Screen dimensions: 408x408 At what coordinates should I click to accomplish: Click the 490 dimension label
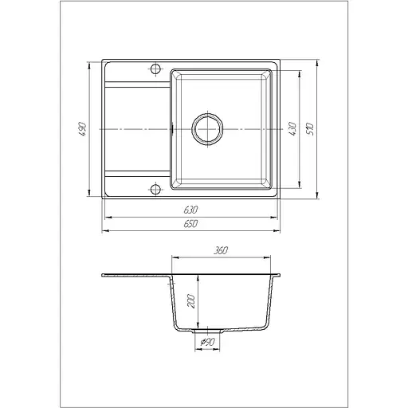[83, 129]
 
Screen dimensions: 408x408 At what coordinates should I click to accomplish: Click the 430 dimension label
[292, 129]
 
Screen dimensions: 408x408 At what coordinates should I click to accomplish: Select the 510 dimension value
[310, 129]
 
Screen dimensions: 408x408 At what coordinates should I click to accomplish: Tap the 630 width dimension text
[190, 210]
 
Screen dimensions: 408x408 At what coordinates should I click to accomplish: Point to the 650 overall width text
[190, 224]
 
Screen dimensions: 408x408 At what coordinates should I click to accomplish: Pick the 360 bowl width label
[221, 250]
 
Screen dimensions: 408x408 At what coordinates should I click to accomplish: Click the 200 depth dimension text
[191, 301]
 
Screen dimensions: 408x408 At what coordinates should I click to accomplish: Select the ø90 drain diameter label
[207, 342]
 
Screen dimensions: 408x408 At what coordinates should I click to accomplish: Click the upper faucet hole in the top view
[155, 69]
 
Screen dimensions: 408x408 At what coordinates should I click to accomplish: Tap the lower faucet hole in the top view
[155, 190]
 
